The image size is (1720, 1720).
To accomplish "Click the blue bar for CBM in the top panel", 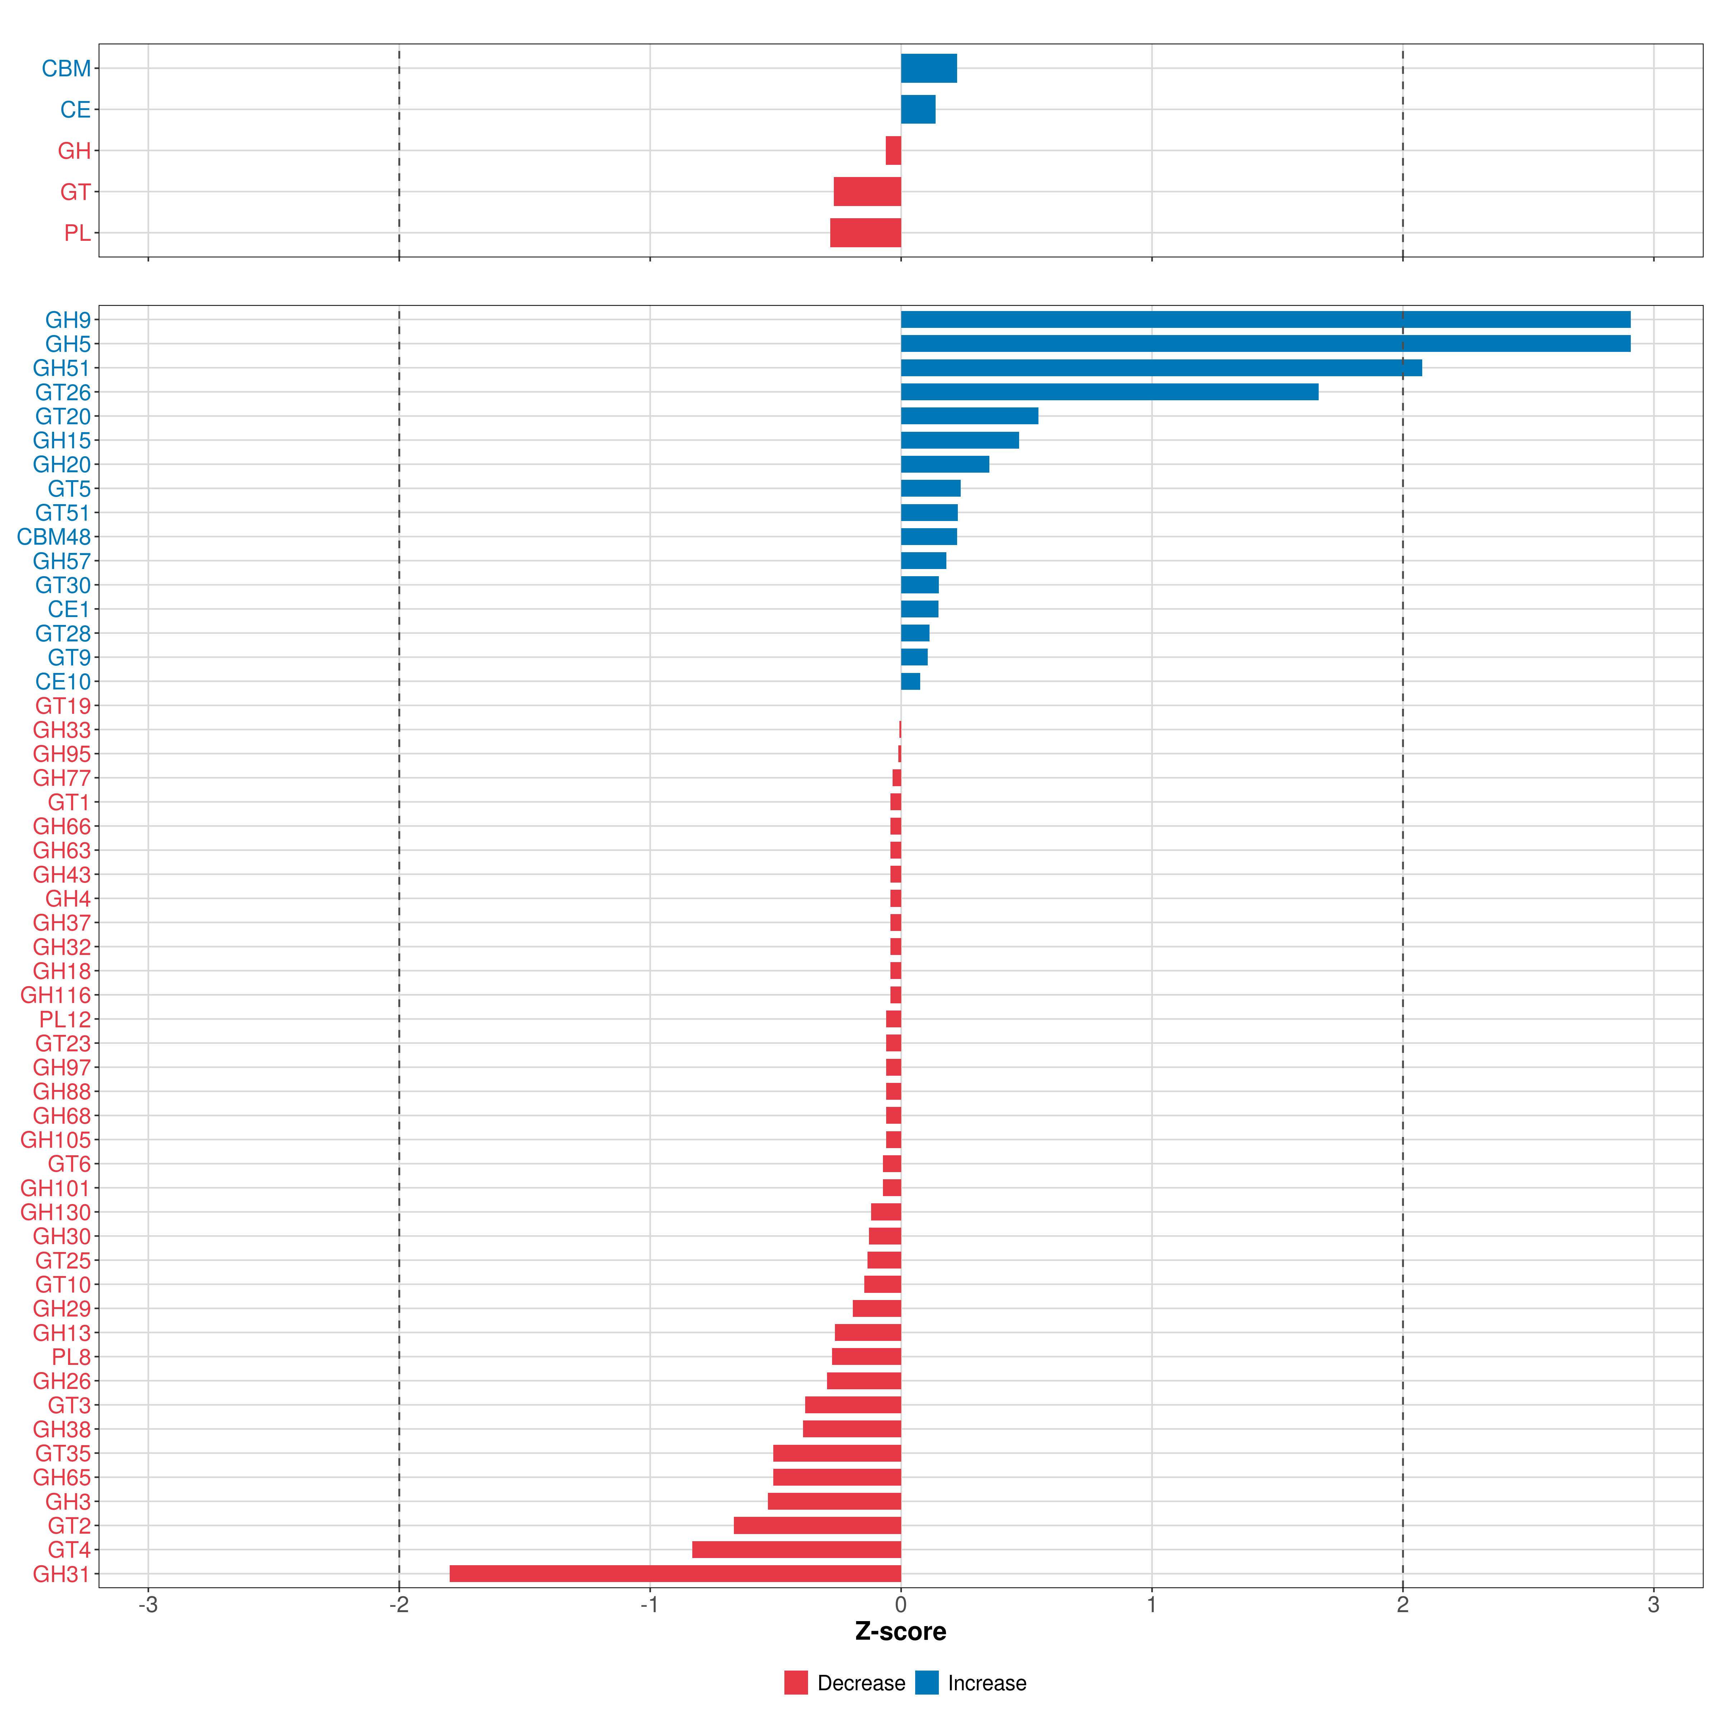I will (928, 68).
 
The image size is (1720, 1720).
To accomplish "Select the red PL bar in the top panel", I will (865, 233).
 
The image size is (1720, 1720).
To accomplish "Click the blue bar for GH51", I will (1161, 368).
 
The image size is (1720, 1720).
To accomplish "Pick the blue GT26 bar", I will (1109, 392).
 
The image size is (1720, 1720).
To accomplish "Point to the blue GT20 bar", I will (970, 416).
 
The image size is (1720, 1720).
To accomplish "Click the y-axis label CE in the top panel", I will (76, 110).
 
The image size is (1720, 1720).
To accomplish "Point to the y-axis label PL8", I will (71, 1357).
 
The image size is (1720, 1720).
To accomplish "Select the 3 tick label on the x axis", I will (1653, 1605).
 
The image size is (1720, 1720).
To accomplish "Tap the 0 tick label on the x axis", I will (901, 1605).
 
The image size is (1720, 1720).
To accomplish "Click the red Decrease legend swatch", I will (796, 1683).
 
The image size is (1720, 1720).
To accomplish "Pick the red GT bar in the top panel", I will (867, 191).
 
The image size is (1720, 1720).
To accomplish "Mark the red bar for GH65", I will (837, 1477).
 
